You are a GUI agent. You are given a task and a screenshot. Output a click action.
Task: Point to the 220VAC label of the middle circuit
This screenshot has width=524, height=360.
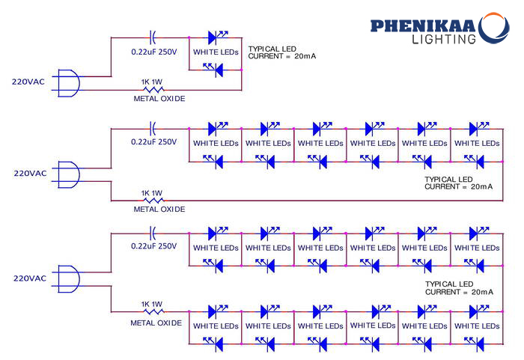30,173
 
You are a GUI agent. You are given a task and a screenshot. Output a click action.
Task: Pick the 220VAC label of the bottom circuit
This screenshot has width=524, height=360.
30,278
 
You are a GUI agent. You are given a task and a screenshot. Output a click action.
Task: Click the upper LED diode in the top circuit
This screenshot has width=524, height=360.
216,36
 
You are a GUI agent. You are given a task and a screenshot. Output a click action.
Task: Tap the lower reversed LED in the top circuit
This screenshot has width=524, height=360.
216,70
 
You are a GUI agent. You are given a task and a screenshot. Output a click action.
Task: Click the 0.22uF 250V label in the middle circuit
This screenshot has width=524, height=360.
153,141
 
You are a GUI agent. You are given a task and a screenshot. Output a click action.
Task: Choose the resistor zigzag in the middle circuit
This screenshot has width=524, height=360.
153,201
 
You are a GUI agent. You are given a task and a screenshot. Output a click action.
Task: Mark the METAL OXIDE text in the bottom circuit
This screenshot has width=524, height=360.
156,323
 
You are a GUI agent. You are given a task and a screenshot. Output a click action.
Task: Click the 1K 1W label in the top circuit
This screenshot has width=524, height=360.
153,81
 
